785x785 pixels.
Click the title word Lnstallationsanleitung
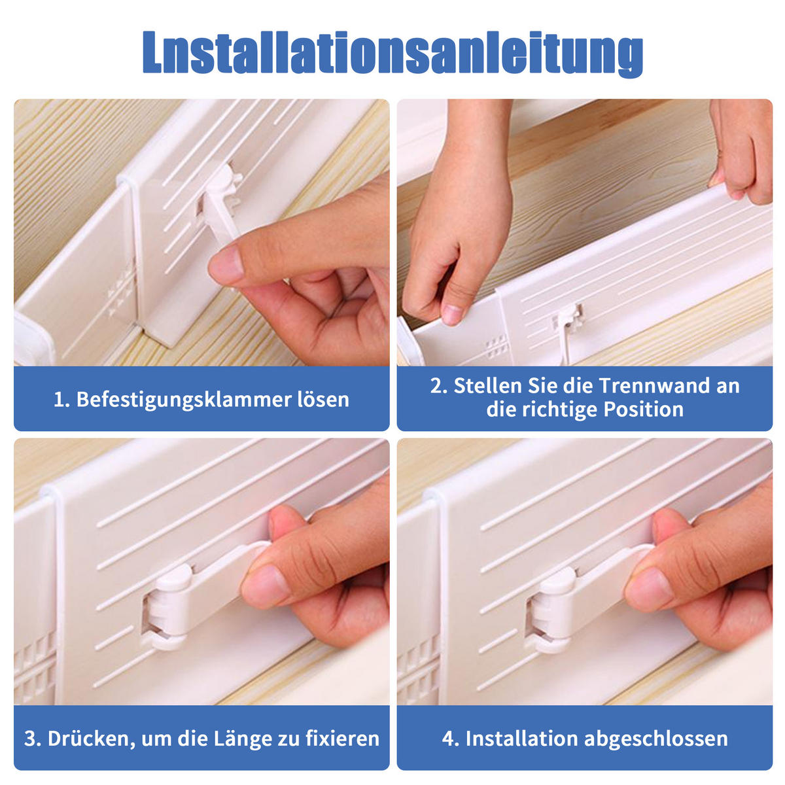pos(392,54)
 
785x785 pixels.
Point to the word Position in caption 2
pos(643,410)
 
